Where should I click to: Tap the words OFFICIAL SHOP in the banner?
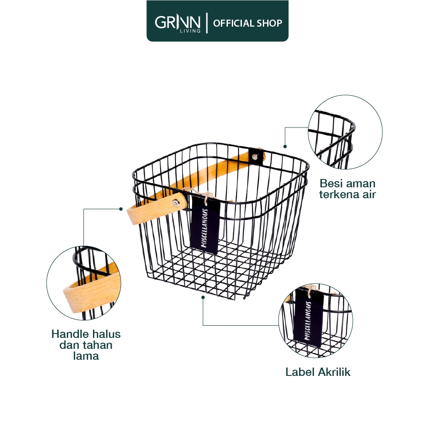click(248, 23)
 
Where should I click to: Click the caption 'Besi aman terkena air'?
click(347, 189)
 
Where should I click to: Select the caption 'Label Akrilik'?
click(318, 372)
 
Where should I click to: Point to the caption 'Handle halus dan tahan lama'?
click(86, 345)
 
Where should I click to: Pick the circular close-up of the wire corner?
click(345, 133)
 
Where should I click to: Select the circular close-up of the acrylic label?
click(316, 320)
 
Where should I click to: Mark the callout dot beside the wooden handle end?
click(121, 209)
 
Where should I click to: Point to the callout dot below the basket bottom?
click(203, 297)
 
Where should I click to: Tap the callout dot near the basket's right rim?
click(285, 147)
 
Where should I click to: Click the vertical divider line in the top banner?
click(207, 23)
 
